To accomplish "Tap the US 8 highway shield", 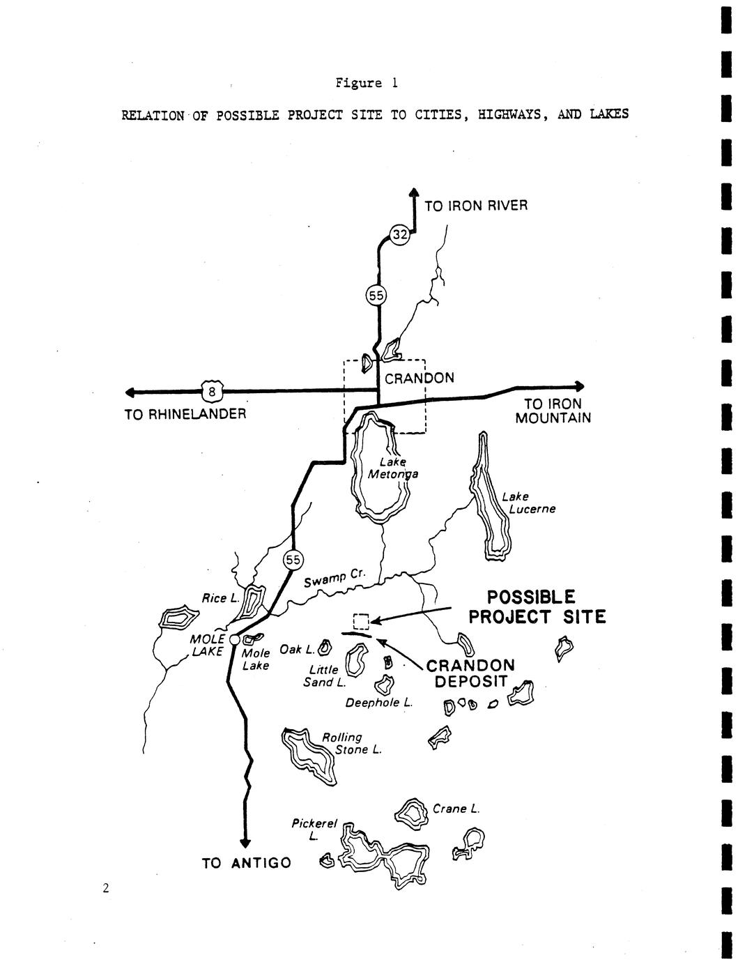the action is [x=212, y=391].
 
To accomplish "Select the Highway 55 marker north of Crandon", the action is [x=376, y=296].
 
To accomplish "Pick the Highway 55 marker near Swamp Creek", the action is [x=293, y=560].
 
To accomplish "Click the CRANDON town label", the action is [x=420, y=378].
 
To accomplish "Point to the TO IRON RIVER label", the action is [x=476, y=206].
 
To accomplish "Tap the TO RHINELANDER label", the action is [x=185, y=414].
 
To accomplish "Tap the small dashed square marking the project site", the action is [x=361, y=621].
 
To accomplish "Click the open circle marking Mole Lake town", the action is [x=235, y=639].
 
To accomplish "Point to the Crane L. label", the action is [x=456, y=809].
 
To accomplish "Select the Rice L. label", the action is [x=220, y=599].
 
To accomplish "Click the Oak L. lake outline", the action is [x=325, y=647].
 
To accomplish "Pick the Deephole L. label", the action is [x=378, y=703].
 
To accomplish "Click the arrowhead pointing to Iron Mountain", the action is [x=579, y=386].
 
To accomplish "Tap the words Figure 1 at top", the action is [x=367, y=83].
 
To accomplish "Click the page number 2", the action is [x=105, y=887].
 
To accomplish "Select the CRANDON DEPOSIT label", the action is [x=470, y=673].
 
